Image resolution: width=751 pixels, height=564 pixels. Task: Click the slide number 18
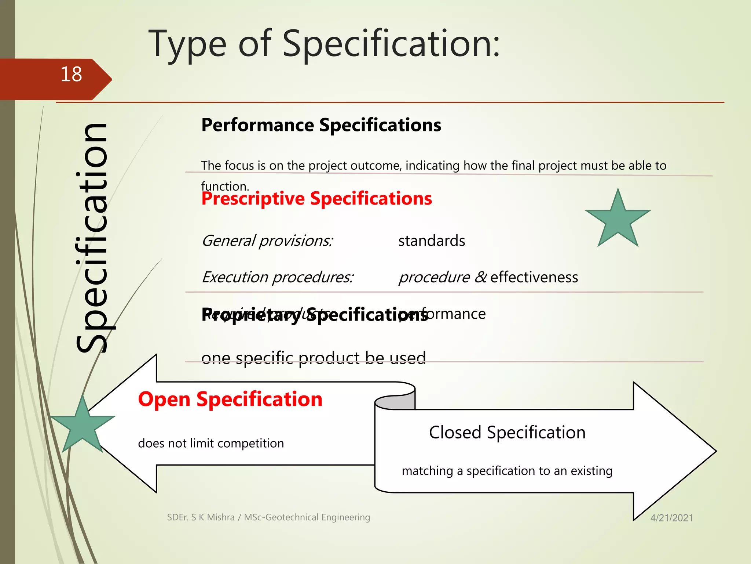point(71,74)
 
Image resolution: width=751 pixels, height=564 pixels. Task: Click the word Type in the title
point(187,44)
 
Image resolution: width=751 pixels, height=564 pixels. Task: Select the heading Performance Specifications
point(321,125)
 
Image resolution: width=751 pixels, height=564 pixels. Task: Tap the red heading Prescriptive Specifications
point(317,199)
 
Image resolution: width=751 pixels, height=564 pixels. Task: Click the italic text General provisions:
point(267,241)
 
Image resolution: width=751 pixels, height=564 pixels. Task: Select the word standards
point(432,241)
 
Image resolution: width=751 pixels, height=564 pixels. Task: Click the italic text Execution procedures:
point(278,277)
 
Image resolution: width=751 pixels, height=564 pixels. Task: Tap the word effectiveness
point(534,277)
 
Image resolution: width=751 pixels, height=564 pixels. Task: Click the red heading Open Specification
point(230,399)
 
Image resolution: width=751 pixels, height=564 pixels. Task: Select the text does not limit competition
point(211,443)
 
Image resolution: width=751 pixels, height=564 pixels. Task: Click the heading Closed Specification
point(507,432)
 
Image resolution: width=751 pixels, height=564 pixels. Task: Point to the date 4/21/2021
point(672,518)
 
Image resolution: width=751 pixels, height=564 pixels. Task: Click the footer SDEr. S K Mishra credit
point(268,517)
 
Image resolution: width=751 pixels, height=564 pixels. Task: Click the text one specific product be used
point(314,358)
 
